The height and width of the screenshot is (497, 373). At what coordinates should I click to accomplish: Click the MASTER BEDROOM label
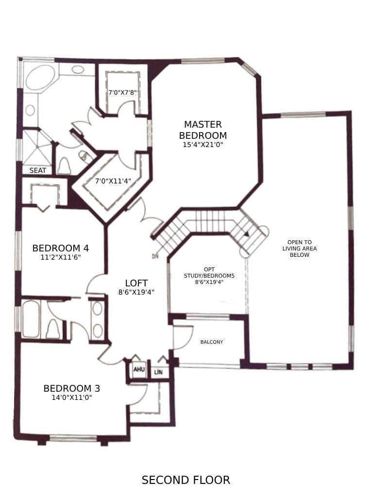203,130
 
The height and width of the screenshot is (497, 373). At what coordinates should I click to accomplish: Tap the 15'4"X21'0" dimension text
203,145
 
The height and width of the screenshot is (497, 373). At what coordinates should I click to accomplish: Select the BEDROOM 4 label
61,248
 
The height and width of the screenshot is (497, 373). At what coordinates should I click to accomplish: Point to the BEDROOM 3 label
72,388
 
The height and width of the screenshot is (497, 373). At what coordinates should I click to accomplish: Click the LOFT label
136,283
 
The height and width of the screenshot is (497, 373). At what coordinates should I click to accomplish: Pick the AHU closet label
139,370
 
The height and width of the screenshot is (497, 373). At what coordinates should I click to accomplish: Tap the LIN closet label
158,373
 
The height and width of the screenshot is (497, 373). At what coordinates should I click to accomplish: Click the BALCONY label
212,342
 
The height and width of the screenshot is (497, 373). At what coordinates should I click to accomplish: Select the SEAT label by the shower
38,170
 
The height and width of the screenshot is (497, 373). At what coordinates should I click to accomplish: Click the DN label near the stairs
155,256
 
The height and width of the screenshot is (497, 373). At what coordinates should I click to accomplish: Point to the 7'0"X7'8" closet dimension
123,92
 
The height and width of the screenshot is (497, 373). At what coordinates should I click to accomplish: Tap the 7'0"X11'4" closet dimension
112,182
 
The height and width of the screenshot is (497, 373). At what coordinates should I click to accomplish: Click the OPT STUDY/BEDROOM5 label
209,275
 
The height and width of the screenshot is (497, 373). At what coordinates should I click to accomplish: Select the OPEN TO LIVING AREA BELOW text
299,248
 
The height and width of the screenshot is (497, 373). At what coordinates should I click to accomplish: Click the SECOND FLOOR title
186,480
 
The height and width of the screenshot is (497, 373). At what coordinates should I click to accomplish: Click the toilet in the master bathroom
64,166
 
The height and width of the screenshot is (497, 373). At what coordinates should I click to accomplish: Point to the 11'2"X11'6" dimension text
61,257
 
